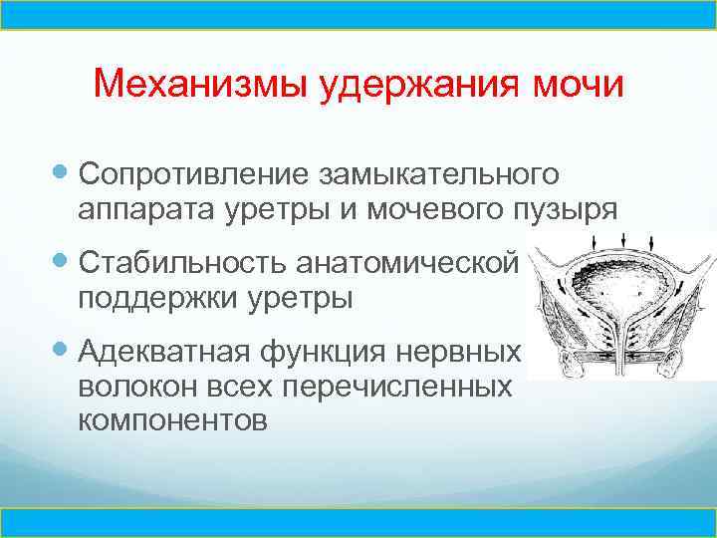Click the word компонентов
coord(171,420)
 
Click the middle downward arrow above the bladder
coord(622,239)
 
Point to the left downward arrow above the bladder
coord(594,243)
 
